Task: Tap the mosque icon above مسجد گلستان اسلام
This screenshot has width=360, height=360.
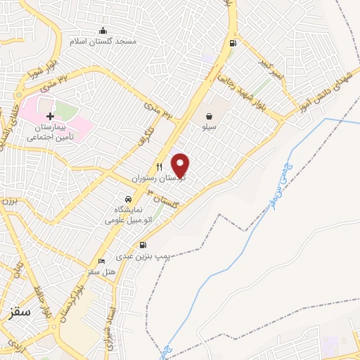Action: tap(103, 30)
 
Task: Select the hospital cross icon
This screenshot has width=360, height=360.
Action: tap(49, 115)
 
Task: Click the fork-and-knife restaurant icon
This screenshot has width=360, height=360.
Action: tap(160, 167)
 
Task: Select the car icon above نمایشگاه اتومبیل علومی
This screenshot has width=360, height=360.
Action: tap(127, 199)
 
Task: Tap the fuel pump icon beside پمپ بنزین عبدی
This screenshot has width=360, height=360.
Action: tap(143, 245)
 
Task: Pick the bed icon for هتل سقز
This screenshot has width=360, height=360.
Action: tap(103, 261)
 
